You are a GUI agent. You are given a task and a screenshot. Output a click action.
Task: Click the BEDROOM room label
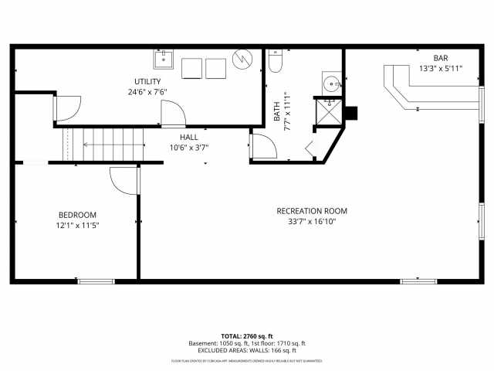click(78, 215)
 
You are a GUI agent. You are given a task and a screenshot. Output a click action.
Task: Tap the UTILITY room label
click(147, 81)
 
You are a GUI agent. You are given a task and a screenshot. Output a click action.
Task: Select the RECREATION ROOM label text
click(312, 211)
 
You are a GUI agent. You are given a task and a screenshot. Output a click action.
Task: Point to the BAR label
click(440, 58)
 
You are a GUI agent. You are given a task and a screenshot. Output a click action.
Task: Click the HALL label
click(189, 137)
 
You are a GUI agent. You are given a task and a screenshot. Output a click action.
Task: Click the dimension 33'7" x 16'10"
click(312, 222)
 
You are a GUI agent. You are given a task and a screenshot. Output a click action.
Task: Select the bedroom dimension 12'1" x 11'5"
click(78, 226)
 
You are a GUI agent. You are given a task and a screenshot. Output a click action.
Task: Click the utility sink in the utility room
click(164, 60)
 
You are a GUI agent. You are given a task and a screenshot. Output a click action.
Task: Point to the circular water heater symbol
click(242, 60)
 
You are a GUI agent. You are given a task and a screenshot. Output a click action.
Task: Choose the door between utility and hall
click(172, 114)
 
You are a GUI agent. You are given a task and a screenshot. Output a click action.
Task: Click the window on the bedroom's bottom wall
click(96, 281)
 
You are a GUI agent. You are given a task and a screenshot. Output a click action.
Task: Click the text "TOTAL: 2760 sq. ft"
click(247, 336)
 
